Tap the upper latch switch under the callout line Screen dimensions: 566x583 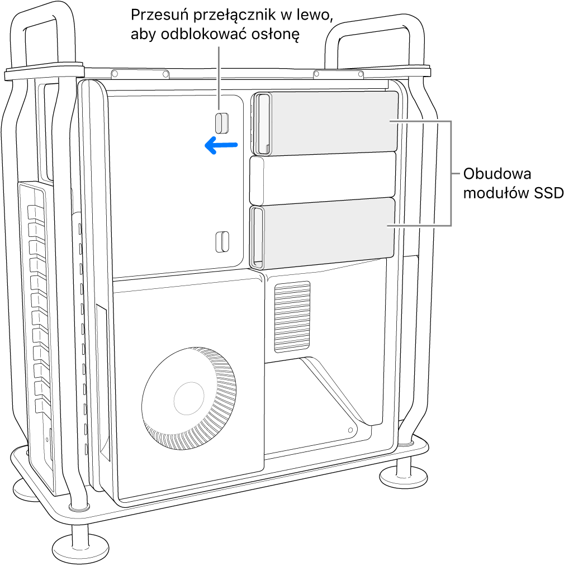click(x=222, y=123)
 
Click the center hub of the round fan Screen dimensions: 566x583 click(x=190, y=398)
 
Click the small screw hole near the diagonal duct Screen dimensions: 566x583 click(x=350, y=430)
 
